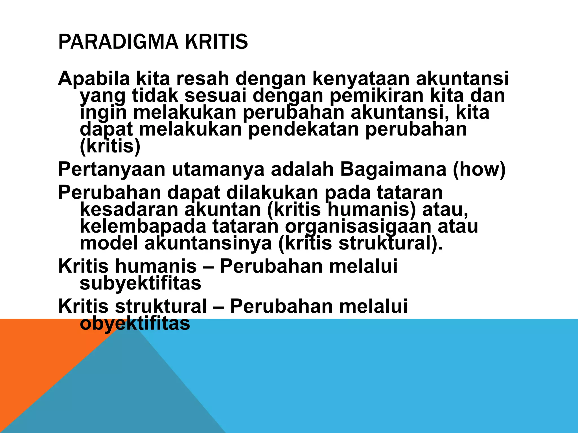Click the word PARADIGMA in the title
coord(118,42)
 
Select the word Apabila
coord(94,78)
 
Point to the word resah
coord(202,78)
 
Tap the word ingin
coord(103,113)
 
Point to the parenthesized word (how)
coord(479,170)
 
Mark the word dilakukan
coord(272,193)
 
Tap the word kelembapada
coord(143,227)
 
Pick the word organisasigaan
coord(358,227)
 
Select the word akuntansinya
coord(208,244)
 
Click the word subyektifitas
coord(140,284)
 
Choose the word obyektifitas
coord(135,324)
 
